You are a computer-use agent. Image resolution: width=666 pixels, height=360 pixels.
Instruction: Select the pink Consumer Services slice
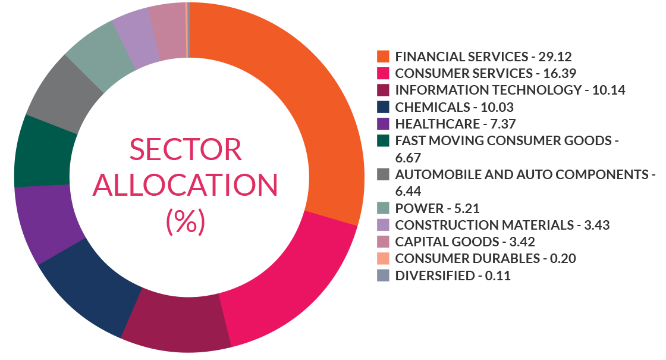(x=285, y=280)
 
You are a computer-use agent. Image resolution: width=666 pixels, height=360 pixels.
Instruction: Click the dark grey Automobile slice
(x=62, y=95)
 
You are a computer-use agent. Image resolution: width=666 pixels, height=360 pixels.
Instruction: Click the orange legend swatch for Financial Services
(x=384, y=57)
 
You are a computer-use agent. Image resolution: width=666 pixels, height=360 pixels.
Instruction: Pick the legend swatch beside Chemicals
(x=384, y=107)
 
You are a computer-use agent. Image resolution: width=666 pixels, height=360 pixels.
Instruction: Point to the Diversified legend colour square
(x=384, y=276)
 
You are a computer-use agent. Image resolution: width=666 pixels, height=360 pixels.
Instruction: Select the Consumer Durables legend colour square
(x=384, y=258)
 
